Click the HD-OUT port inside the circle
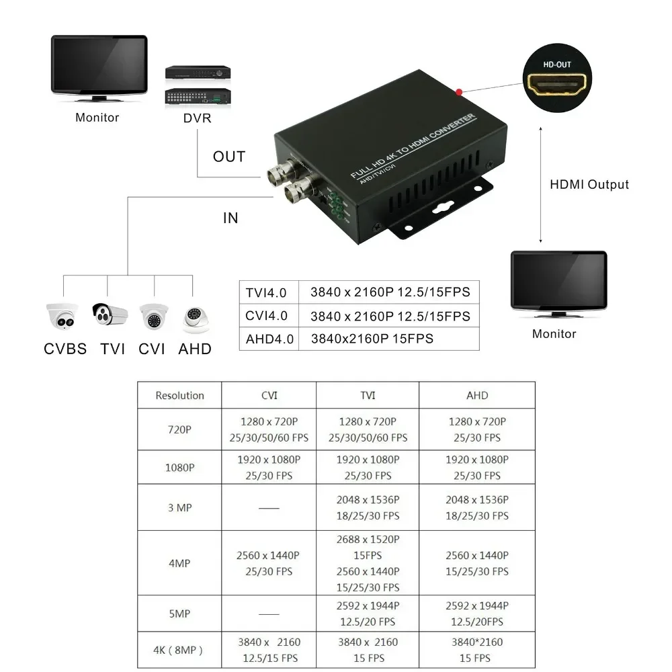(x=556, y=85)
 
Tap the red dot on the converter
(x=459, y=91)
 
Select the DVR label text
(x=197, y=118)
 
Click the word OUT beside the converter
(x=229, y=157)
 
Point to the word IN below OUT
(x=230, y=218)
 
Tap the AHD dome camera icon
(x=195, y=319)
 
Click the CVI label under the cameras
(x=152, y=349)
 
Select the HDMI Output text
(x=589, y=185)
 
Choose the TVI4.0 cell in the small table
(x=266, y=292)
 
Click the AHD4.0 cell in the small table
(x=269, y=339)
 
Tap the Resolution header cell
(x=179, y=395)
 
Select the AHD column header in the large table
(x=477, y=395)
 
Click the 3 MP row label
(x=179, y=507)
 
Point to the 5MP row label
(x=179, y=614)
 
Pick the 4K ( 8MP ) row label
(x=179, y=650)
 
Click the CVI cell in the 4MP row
(x=268, y=563)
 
